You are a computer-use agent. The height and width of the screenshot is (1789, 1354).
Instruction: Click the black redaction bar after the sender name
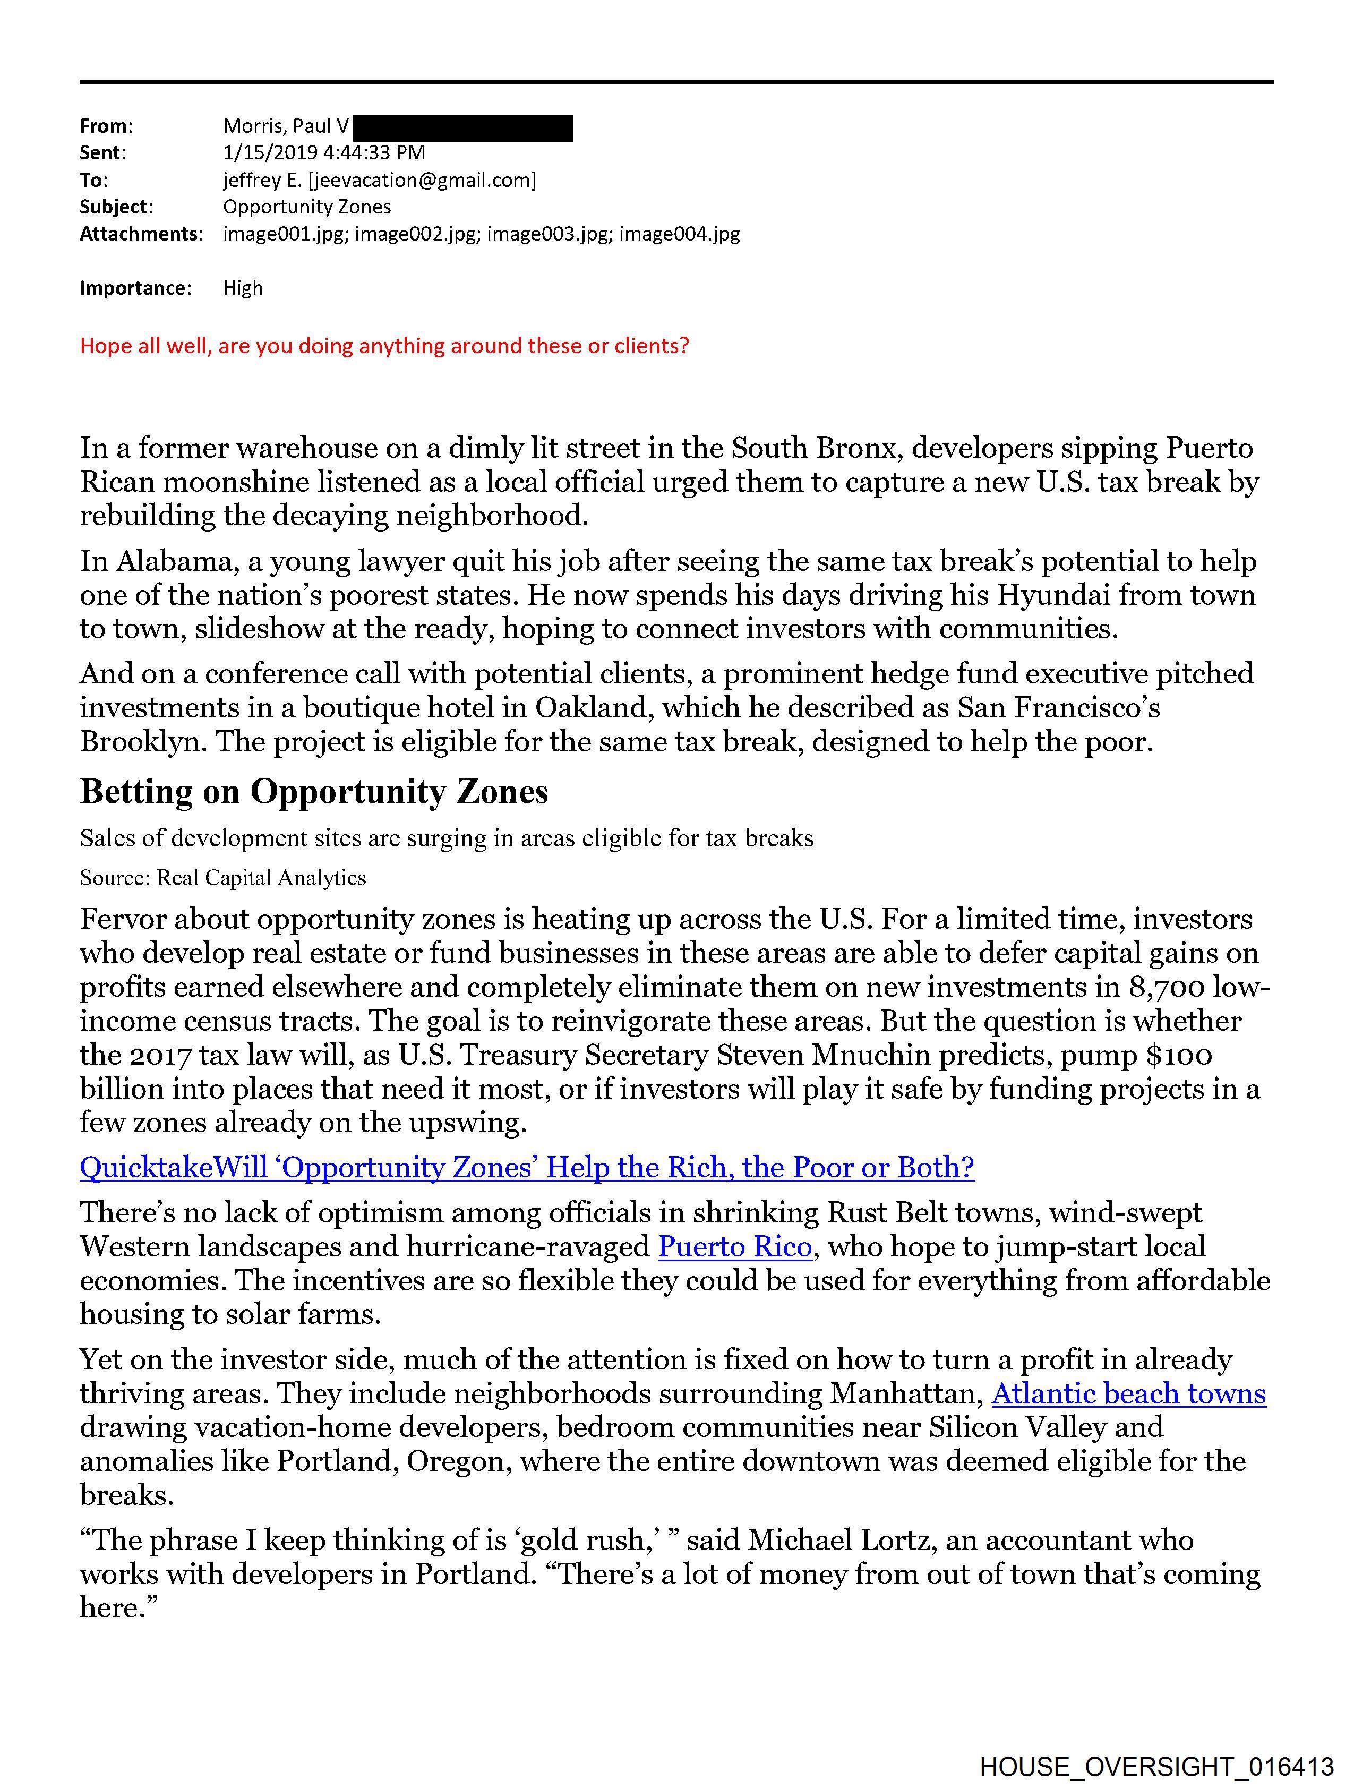tap(464, 128)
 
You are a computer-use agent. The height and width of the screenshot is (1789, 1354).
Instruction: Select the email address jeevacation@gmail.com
tap(422, 179)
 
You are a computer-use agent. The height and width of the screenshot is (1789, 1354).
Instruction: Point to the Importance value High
tap(243, 288)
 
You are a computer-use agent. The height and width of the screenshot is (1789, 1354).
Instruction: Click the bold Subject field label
tap(113, 207)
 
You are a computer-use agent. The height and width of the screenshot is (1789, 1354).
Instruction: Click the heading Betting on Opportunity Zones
tap(314, 792)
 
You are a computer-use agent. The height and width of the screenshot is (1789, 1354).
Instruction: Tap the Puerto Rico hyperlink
tap(734, 1246)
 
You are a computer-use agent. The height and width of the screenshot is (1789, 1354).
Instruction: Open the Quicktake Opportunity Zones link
tap(527, 1167)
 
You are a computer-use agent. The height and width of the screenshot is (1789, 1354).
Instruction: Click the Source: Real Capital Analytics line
tap(222, 878)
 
